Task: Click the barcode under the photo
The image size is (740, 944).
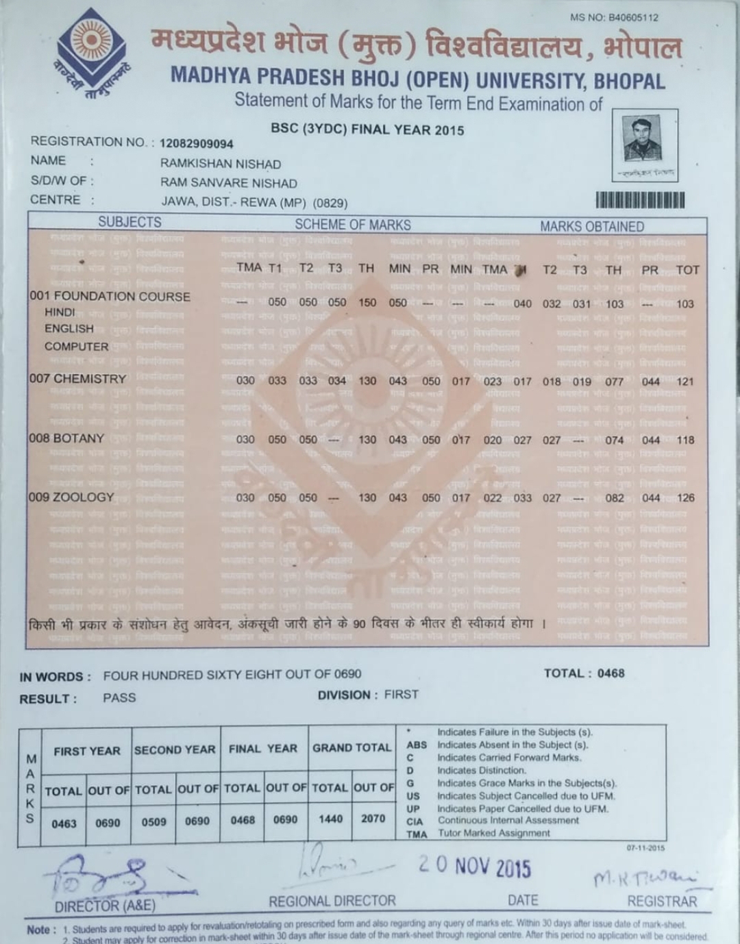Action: (x=640, y=200)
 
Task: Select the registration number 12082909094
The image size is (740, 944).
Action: (x=197, y=144)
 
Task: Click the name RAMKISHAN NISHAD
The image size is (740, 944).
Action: (x=221, y=164)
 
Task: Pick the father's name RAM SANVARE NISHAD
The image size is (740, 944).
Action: (x=229, y=184)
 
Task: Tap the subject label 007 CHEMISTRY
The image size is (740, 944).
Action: (x=77, y=379)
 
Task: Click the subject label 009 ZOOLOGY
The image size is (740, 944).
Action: (x=71, y=497)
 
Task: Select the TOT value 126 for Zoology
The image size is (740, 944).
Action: (x=685, y=498)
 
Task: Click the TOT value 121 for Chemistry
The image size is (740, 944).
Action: (x=685, y=382)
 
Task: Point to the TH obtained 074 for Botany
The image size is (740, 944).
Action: (x=615, y=440)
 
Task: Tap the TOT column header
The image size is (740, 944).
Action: (x=687, y=270)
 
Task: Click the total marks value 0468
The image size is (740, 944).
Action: (x=610, y=673)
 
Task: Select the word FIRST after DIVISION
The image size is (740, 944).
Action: (x=401, y=695)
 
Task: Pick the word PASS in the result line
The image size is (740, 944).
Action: (x=119, y=698)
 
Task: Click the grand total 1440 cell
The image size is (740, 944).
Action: (x=330, y=819)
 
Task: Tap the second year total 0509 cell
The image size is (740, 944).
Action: (x=153, y=821)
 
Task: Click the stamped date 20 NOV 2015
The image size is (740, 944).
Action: (x=475, y=867)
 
